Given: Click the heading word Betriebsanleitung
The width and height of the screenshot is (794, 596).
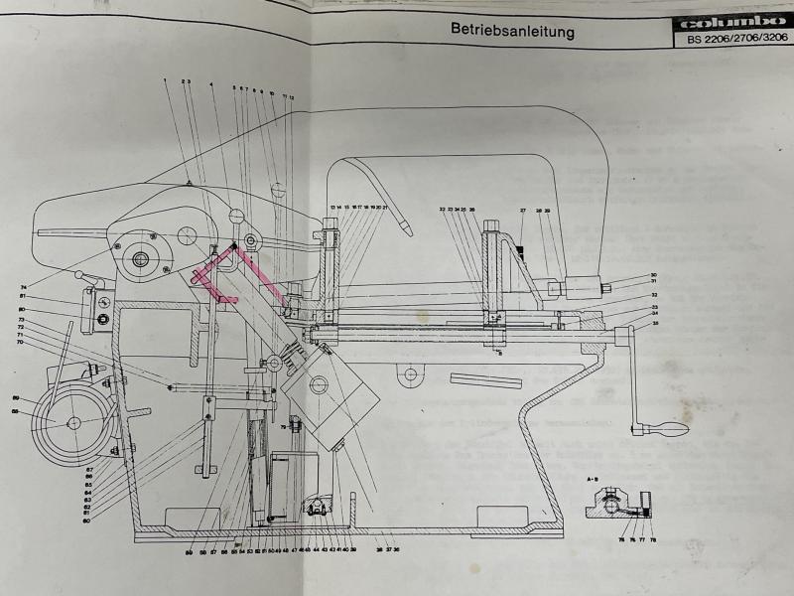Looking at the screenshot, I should pyautogui.click(x=512, y=31).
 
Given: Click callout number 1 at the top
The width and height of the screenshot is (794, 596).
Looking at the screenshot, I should pyautogui.click(x=165, y=80).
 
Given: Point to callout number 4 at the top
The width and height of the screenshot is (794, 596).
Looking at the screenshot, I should pyautogui.click(x=211, y=85).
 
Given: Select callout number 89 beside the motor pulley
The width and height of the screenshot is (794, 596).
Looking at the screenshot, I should pyautogui.click(x=16, y=397).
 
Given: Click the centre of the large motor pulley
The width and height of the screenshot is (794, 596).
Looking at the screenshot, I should pyautogui.click(x=72, y=423).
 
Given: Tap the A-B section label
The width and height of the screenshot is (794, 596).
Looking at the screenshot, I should pyautogui.click(x=593, y=478).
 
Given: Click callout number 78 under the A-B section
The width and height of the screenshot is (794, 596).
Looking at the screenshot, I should pyautogui.click(x=654, y=539).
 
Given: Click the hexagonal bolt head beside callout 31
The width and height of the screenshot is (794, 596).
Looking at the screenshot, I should pyautogui.click(x=604, y=288).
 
